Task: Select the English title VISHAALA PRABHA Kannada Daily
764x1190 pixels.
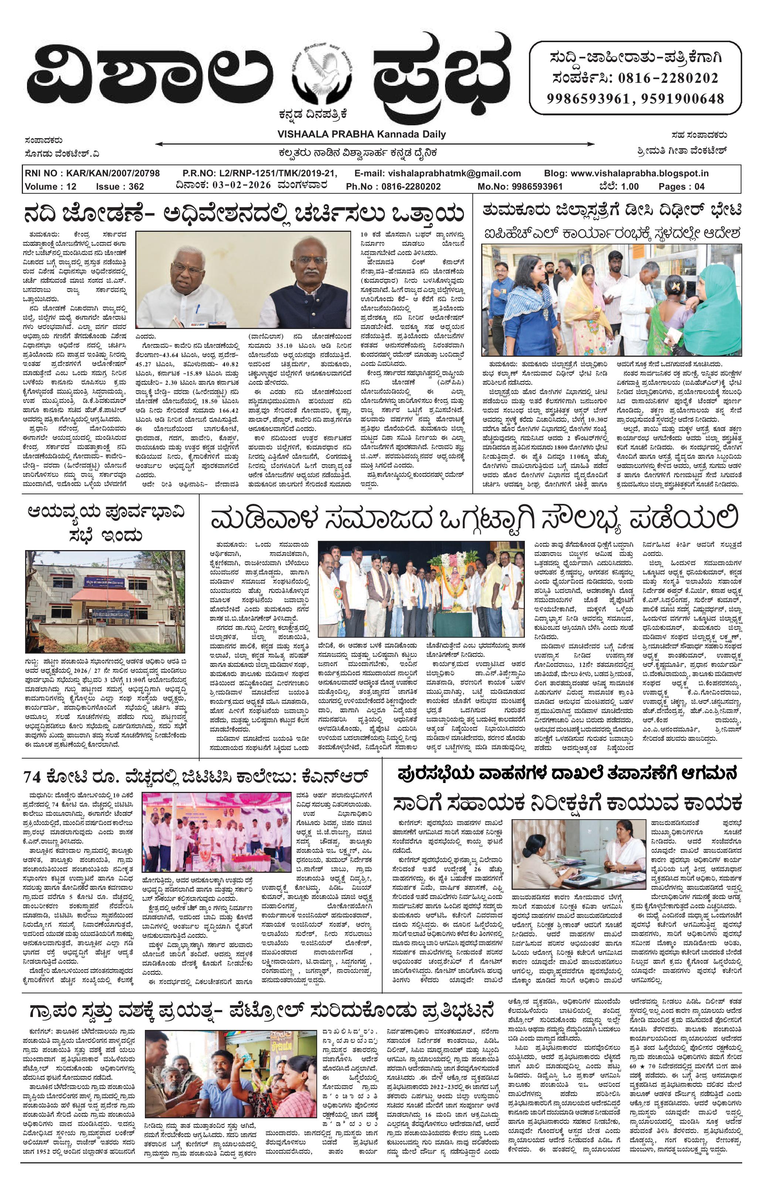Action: pos(361,134)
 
